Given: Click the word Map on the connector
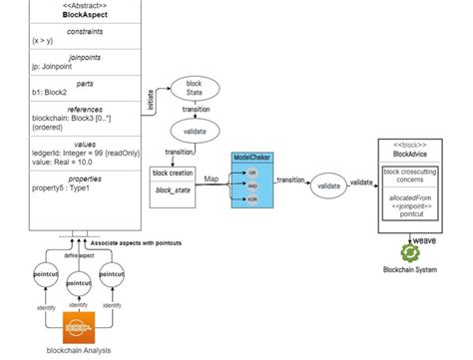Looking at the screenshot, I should coord(212,180).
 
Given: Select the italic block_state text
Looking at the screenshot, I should coord(175,189).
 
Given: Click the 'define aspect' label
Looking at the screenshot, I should coord(79,256).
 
